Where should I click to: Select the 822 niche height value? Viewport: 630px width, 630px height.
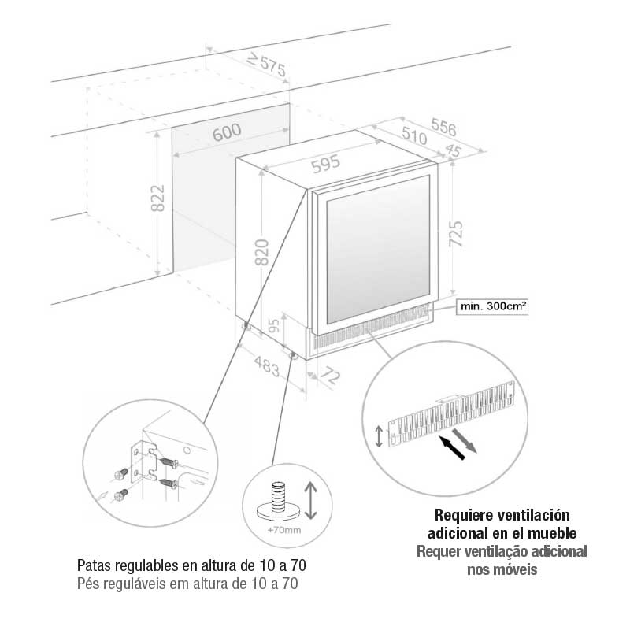coord(157,198)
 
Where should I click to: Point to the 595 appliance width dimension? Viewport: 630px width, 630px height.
coord(324,164)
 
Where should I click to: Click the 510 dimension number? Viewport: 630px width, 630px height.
coord(412,138)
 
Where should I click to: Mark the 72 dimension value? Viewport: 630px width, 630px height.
coord(332,378)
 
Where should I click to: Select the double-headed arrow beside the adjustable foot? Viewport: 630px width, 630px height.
coord(310,501)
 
